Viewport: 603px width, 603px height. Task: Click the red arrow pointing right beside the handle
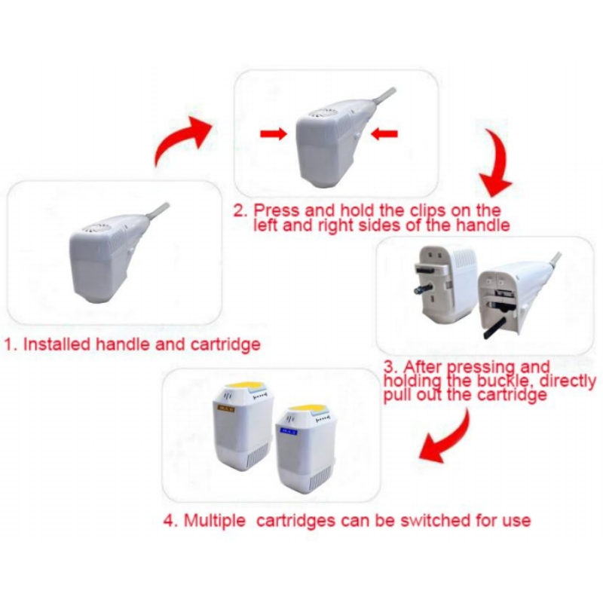click(274, 134)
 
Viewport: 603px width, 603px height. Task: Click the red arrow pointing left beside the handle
click(384, 134)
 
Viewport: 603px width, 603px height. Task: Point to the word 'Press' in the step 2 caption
click(276, 211)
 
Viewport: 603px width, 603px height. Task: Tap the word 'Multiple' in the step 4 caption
click(215, 521)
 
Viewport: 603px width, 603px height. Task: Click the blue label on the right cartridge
click(289, 432)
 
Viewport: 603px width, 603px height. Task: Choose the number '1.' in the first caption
click(11, 344)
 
